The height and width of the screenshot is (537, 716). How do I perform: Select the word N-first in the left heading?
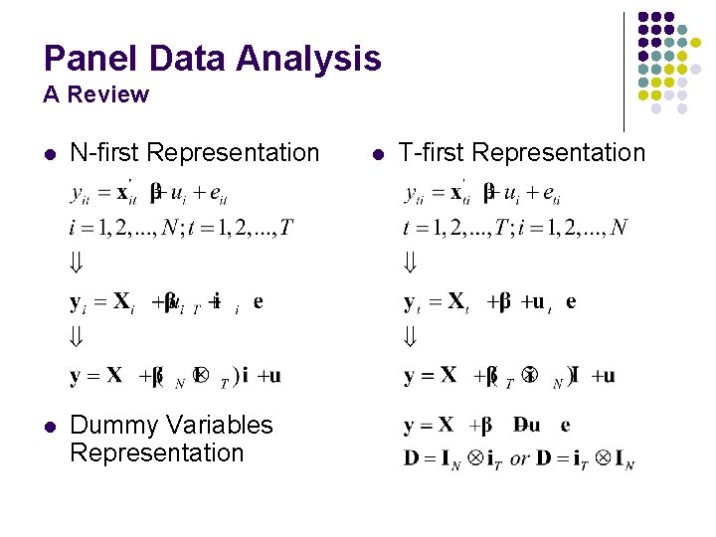(x=105, y=152)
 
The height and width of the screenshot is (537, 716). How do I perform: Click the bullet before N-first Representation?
(x=48, y=154)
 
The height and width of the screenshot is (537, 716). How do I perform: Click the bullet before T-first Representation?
(x=377, y=154)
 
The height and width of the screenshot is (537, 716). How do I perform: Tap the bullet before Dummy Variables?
(x=48, y=427)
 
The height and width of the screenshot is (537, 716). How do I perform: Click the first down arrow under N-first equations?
(x=77, y=265)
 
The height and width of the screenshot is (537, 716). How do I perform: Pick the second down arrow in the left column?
(x=77, y=338)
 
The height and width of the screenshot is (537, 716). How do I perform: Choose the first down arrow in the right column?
(x=410, y=265)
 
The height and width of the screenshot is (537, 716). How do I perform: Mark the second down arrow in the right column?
(x=410, y=338)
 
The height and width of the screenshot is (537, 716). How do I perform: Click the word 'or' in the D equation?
(x=519, y=459)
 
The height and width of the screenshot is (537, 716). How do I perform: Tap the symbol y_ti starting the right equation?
(x=415, y=193)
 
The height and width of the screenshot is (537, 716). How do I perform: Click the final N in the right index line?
(x=619, y=230)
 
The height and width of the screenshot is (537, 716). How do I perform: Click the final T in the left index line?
(x=286, y=230)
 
